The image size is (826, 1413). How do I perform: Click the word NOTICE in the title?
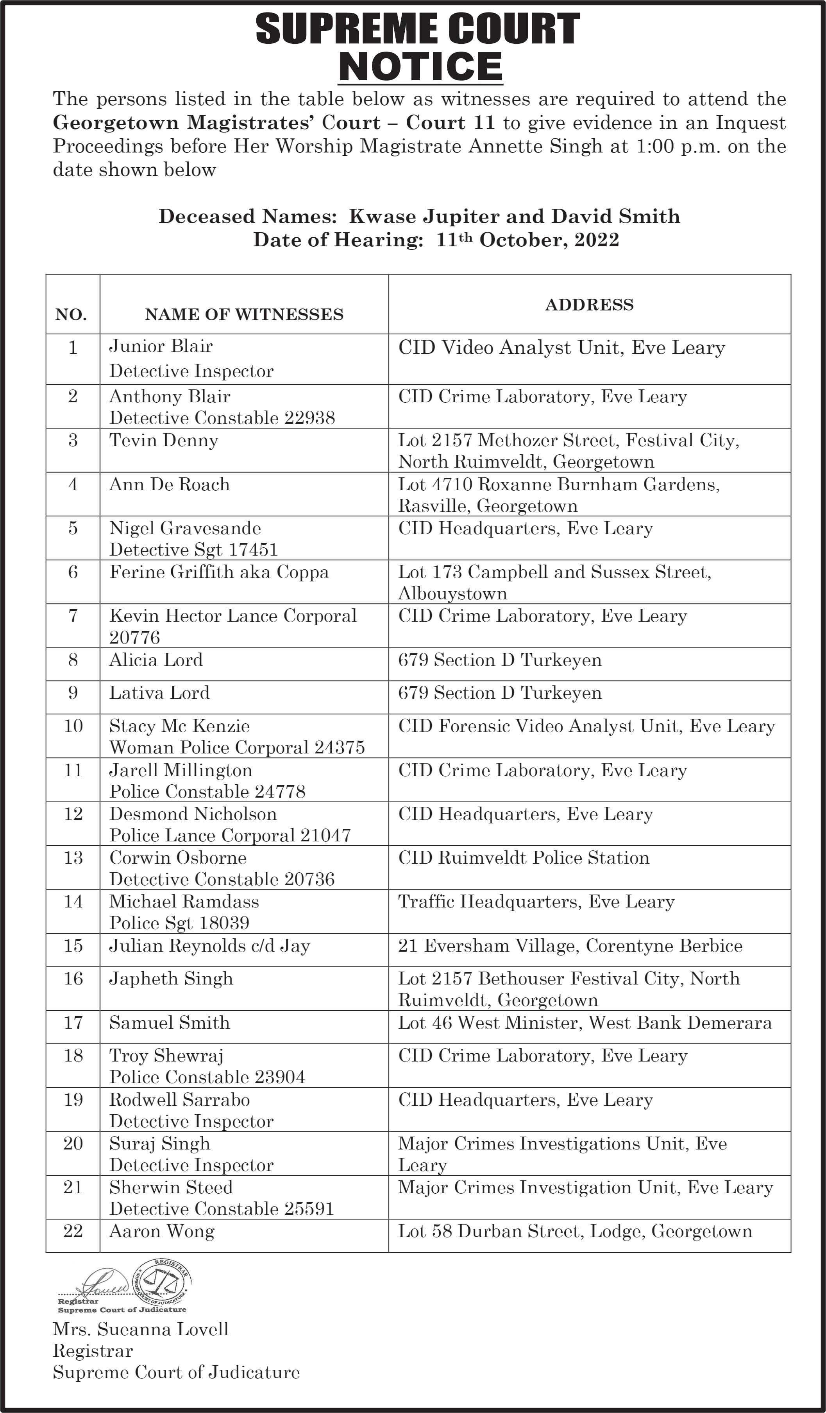coord(420,67)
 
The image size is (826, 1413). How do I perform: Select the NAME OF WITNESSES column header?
coord(244,315)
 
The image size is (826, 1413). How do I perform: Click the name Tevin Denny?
coord(164,440)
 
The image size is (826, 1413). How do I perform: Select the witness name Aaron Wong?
coord(161,1231)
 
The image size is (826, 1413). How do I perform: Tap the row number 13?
coord(73,858)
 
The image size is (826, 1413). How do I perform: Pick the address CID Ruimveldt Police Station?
coord(524,858)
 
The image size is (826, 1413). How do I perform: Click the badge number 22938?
coord(309,418)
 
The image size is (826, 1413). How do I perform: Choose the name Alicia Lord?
coord(156,660)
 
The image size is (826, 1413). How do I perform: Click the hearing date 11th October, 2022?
coord(527,240)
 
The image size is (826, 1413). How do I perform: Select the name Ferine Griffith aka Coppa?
coord(218,572)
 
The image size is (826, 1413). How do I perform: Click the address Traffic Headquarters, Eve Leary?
coord(536,902)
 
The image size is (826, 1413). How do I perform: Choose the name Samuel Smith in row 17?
coord(169,1023)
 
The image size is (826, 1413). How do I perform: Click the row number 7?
coord(73,616)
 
